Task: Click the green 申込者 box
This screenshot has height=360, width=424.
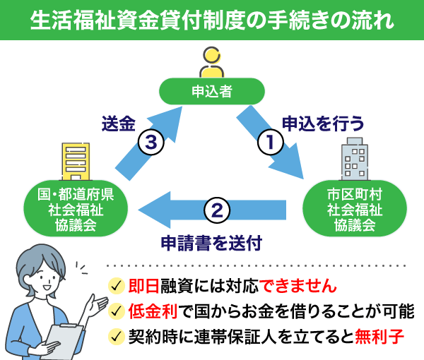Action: pos(212,90)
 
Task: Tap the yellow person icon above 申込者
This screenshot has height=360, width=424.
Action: pos(212,62)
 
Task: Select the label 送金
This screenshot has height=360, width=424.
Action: pos(118,124)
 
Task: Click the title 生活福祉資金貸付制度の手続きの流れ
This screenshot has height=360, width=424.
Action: pos(212,19)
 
